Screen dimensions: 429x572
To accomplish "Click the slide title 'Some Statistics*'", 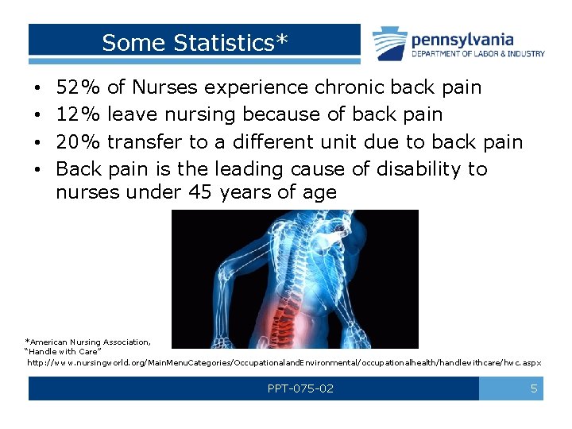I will [x=194, y=42].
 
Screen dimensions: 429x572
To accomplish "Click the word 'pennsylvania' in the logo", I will [x=462, y=39].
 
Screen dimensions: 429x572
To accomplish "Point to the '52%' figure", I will [x=79, y=87].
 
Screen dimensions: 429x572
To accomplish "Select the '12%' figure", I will [x=79, y=114].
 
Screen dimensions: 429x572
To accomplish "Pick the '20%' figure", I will [x=79, y=142].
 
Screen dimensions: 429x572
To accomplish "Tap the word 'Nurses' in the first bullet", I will [x=165, y=87].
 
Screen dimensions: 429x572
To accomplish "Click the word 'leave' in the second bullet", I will [x=132, y=114].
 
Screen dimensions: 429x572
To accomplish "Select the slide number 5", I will [x=534, y=388].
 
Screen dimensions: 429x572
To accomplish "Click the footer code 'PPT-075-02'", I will [x=300, y=388].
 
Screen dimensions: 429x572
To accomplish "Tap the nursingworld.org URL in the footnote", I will [x=284, y=362].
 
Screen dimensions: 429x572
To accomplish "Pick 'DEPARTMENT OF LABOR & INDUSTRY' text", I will [x=477, y=54].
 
